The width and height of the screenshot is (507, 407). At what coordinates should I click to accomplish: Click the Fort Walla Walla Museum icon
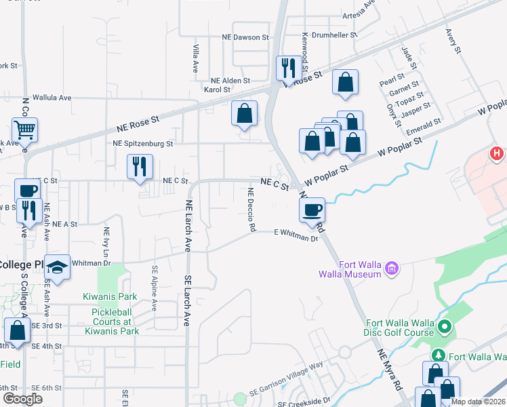[x=391, y=269]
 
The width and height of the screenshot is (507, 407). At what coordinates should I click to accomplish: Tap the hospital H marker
[x=498, y=154]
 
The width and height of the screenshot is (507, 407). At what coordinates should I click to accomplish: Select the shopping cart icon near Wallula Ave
[x=24, y=128]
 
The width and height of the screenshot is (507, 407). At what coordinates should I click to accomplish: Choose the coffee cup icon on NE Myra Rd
[x=312, y=209]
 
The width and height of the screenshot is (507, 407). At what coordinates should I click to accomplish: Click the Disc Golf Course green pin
[x=445, y=328]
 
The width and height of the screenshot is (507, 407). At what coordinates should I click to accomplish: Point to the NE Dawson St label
[x=246, y=37]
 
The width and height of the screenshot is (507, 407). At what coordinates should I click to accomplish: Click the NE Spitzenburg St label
[x=143, y=144]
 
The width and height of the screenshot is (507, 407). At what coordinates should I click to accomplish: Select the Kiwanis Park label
[x=110, y=296]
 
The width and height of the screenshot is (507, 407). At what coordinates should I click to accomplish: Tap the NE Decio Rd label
[x=251, y=210]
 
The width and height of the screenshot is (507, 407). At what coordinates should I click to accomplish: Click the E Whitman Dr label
[x=296, y=235]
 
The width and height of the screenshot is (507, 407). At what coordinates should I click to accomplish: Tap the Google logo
[x=23, y=399]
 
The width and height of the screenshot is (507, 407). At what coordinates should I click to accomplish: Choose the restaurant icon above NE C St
[x=140, y=166]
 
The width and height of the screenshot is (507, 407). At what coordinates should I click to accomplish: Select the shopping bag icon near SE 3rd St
[x=18, y=330]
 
